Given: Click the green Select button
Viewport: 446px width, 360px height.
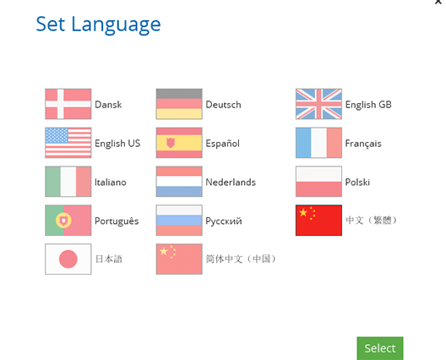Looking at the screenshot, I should point(380,348).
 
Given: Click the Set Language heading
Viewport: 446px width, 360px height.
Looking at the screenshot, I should point(98,25).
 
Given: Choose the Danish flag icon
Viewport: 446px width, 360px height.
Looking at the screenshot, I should point(68,104).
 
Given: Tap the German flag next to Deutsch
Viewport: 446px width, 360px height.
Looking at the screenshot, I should point(179,104).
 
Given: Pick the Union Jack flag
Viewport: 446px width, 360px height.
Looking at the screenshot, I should point(318,104).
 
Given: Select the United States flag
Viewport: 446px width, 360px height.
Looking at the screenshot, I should point(68,143).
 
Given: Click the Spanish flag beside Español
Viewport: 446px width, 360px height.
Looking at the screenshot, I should point(179,143).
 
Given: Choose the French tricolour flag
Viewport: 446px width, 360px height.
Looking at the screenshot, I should point(318,143).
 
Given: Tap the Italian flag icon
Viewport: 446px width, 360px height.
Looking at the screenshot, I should point(68,182).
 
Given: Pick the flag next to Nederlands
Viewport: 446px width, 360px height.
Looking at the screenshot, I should point(179,182).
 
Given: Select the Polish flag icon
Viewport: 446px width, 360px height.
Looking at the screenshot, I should point(318,182).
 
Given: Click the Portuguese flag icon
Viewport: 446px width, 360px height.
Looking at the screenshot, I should point(68,221).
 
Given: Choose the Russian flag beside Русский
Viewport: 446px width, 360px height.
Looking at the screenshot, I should point(179,221).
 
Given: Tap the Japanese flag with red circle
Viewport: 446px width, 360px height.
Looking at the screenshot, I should point(68,259).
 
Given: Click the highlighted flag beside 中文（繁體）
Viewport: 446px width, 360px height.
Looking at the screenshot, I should point(318,221).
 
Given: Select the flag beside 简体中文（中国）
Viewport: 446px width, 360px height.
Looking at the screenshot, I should point(179,259).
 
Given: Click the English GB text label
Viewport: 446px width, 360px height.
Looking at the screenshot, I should point(368,105).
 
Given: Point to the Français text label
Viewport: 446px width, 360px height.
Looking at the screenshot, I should point(363,144).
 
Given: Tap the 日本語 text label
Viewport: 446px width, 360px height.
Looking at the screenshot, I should point(108,259).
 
